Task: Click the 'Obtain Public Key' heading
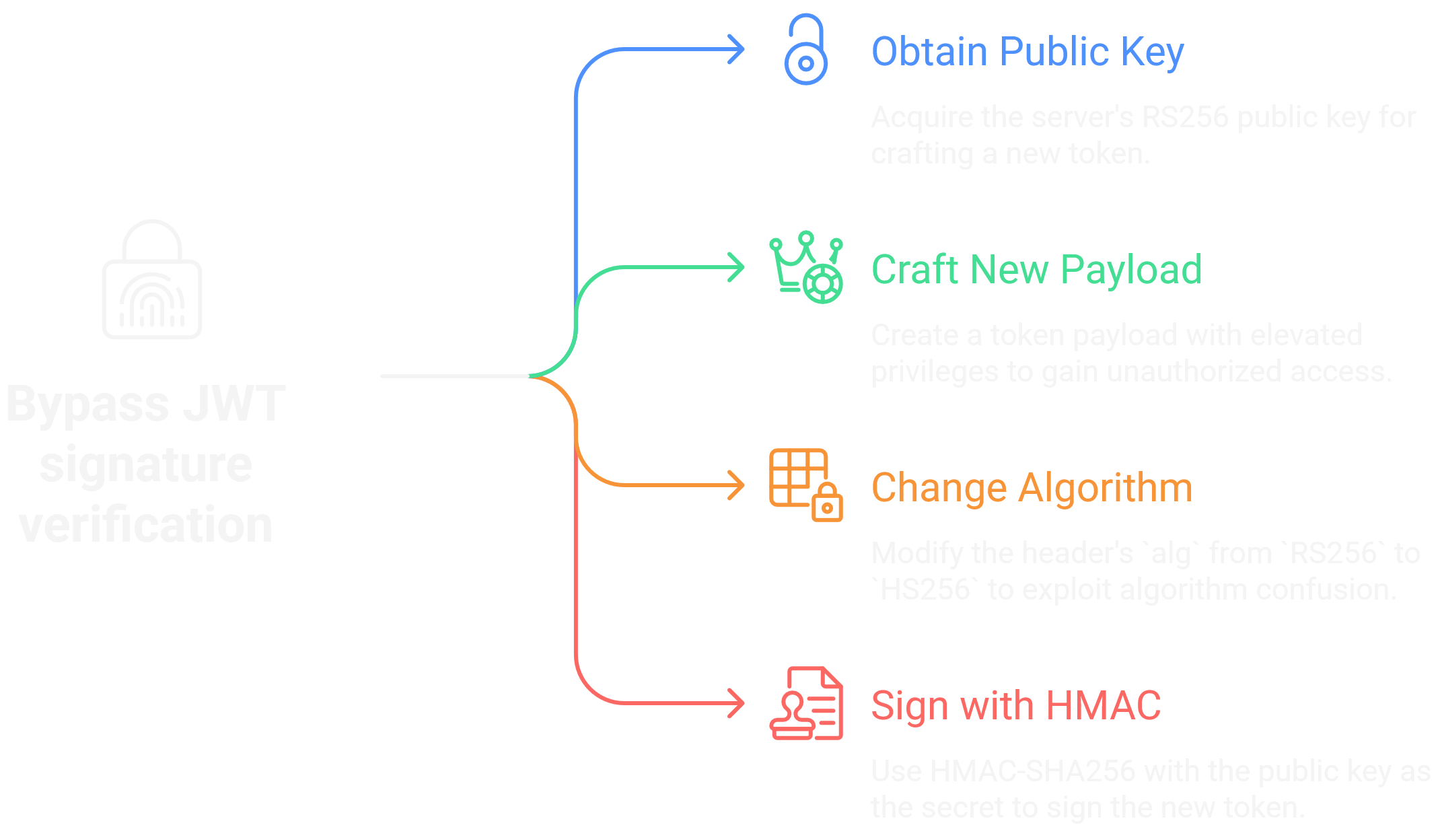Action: tap(1027, 52)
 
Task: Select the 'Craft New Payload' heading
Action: tap(1036, 270)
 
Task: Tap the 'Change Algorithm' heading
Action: tap(1031, 488)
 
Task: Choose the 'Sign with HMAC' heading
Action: tap(1015, 706)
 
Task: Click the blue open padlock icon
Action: tap(805, 50)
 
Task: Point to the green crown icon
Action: tap(805, 267)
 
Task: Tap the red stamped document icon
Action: tap(805, 703)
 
